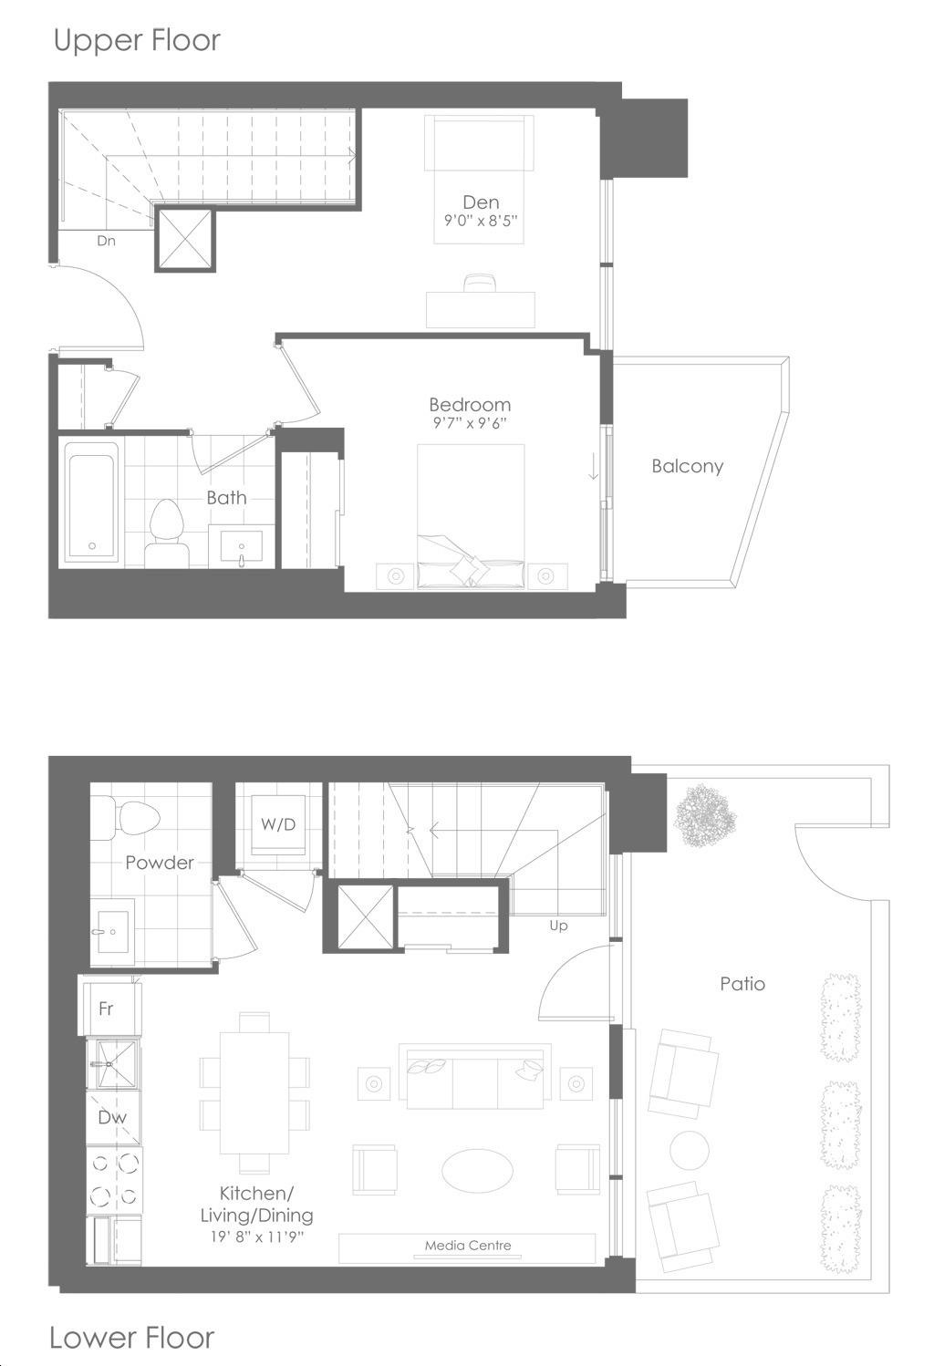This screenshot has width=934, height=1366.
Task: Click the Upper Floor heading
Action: point(137,41)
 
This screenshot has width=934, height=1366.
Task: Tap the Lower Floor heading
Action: point(131,1338)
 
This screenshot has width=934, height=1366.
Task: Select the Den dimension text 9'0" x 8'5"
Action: point(481,220)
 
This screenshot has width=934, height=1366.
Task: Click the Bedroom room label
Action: point(470,404)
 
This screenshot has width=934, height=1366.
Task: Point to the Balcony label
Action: point(688,467)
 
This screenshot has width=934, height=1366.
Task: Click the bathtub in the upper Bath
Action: point(92,501)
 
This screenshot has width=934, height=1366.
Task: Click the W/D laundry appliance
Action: point(278,823)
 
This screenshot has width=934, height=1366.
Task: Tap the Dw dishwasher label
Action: point(112,1117)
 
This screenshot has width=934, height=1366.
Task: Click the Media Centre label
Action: point(468,1246)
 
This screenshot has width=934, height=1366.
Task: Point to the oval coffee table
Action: point(477,1170)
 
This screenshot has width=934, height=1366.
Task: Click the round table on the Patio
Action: point(690,1150)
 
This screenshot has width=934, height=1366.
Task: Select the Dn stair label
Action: point(106,241)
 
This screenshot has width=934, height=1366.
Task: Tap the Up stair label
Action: point(558,926)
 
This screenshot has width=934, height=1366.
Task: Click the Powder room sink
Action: point(111,932)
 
